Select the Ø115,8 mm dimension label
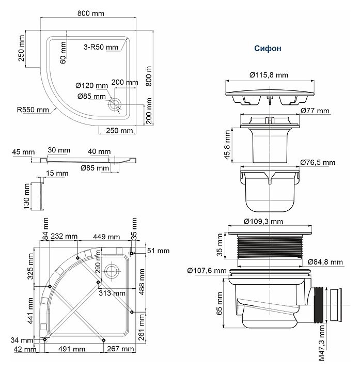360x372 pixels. tap(268, 75)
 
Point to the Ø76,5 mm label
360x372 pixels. tap(317, 162)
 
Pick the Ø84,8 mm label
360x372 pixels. tap(325, 262)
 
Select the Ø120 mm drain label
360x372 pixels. tap(91, 85)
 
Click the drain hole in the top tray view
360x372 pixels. tap(114, 104)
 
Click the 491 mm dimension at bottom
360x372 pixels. tap(72, 349)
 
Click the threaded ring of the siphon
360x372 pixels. tap(268, 246)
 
